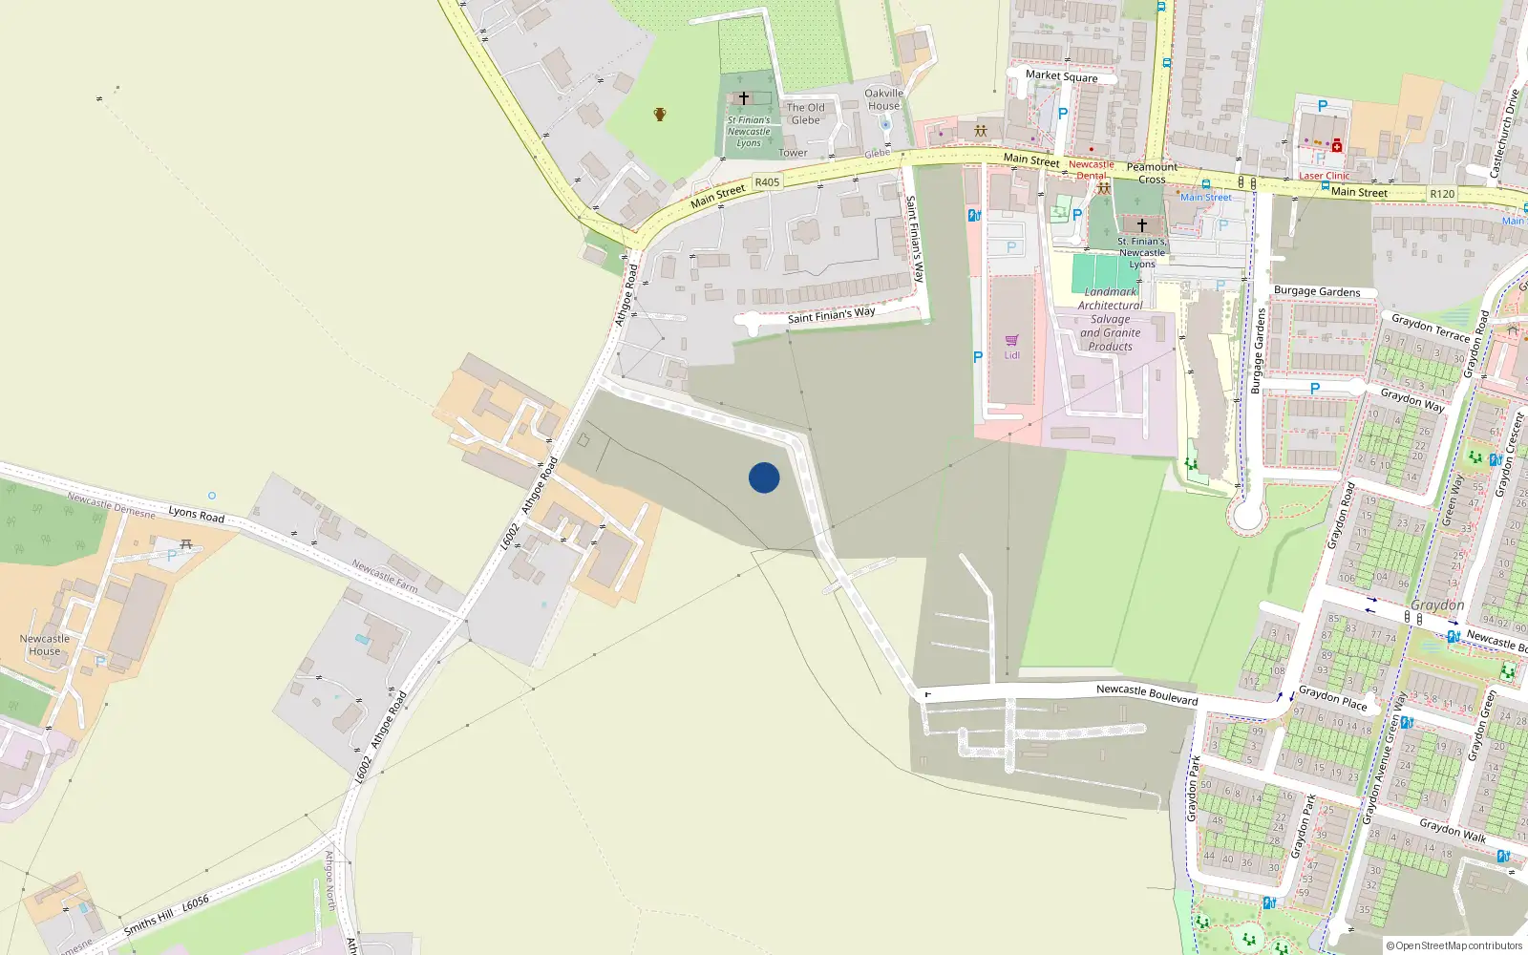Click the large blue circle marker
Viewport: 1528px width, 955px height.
(764, 477)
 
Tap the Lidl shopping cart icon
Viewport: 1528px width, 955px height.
(1011, 341)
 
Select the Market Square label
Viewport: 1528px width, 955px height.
(1061, 75)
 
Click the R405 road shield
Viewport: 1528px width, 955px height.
(767, 181)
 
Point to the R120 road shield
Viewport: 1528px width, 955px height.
(1442, 194)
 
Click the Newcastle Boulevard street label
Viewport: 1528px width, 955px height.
(1146, 693)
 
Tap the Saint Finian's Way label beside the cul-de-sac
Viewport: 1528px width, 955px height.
(831, 314)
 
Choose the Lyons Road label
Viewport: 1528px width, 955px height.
(197, 514)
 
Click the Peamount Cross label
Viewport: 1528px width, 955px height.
(1152, 173)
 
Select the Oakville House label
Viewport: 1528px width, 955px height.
(883, 99)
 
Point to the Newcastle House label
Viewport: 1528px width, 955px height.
(45, 645)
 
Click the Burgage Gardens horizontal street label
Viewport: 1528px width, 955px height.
(1317, 291)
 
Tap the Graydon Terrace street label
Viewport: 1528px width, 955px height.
(1430, 327)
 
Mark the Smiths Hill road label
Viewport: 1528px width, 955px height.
(149, 922)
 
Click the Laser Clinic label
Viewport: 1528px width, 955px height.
(1324, 176)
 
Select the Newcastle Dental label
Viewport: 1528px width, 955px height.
(1092, 170)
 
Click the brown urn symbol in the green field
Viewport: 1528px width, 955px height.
(659, 115)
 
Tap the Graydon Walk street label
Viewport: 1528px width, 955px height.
(1453, 830)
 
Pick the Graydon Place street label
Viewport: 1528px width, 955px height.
(1332, 698)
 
